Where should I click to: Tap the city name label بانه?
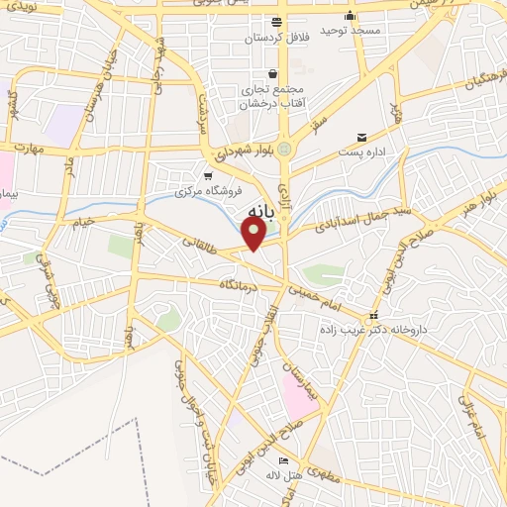tap(255, 211)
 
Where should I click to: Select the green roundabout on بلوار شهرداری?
tap(285, 149)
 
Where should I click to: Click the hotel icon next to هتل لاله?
tap(284, 460)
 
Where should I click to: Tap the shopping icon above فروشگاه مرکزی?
tap(207, 175)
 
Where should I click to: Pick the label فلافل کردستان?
tap(278, 38)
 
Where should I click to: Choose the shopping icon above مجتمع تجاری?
tap(272, 73)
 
